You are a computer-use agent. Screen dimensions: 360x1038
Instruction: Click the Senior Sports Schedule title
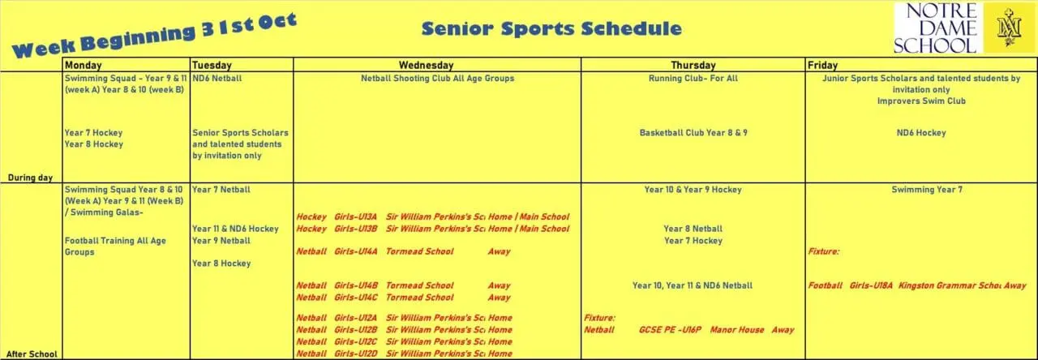coord(551,29)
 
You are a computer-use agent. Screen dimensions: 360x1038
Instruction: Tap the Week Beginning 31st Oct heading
coord(154,36)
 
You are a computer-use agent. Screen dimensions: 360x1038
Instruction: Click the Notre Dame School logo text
coord(935,28)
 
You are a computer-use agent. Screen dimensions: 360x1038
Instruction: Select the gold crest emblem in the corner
coord(1010,28)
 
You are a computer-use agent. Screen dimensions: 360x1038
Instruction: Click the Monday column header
coord(83,65)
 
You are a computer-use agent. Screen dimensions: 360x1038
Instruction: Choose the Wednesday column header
coord(426,65)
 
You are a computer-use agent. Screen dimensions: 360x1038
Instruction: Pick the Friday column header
coord(822,65)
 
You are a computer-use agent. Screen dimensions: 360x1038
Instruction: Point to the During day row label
coord(31,176)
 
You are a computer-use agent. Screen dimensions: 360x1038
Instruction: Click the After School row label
coord(30,354)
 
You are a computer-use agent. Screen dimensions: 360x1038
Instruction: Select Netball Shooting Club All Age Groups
coord(437,79)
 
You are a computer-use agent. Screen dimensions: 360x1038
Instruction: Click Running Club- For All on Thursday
coord(693,79)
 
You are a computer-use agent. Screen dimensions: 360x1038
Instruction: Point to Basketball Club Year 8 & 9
coord(693,132)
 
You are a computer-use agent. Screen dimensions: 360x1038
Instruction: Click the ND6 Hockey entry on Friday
coord(920,132)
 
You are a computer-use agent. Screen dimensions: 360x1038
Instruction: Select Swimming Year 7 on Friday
coord(920,189)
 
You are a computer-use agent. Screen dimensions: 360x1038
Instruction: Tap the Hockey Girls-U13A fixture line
coord(432,216)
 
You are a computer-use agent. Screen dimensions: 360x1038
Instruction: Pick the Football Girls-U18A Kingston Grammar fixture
coord(917,285)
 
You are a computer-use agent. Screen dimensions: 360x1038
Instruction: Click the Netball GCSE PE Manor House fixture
coord(689,330)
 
